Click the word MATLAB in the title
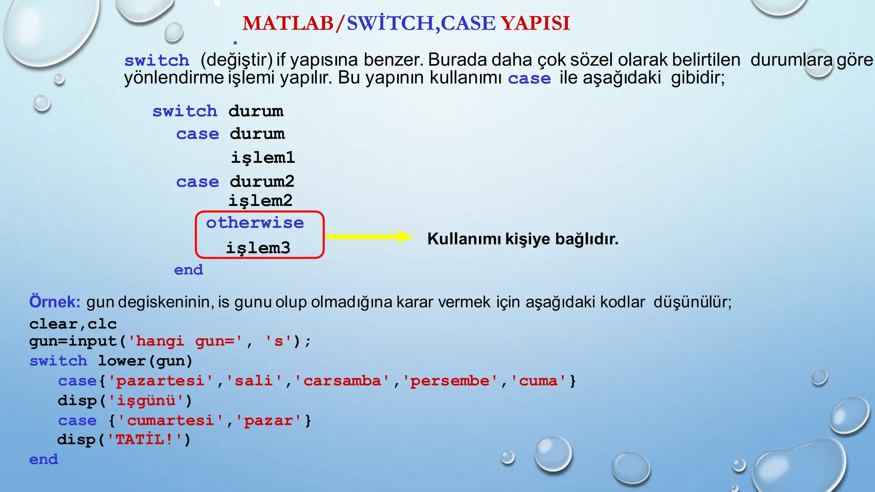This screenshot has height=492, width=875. point(288,23)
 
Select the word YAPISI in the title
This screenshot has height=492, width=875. point(535,23)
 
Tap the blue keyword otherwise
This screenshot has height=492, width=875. point(255,223)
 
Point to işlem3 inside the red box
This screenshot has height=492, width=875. point(258,248)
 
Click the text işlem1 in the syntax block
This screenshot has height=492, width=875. point(263,157)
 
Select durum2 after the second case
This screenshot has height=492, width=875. point(262,182)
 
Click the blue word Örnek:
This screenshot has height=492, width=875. point(55,302)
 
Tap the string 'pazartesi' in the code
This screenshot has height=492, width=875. point(161,381)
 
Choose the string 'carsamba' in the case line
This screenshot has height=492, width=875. point(342,381)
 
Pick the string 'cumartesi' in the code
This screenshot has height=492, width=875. point(170,421)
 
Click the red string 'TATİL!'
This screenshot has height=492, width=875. point(145,439)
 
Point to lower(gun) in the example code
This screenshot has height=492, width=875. point(145,361)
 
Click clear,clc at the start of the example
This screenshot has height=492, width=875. point(73,324)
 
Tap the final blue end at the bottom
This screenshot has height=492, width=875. point(44,460)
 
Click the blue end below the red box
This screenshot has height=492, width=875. point(188,270)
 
